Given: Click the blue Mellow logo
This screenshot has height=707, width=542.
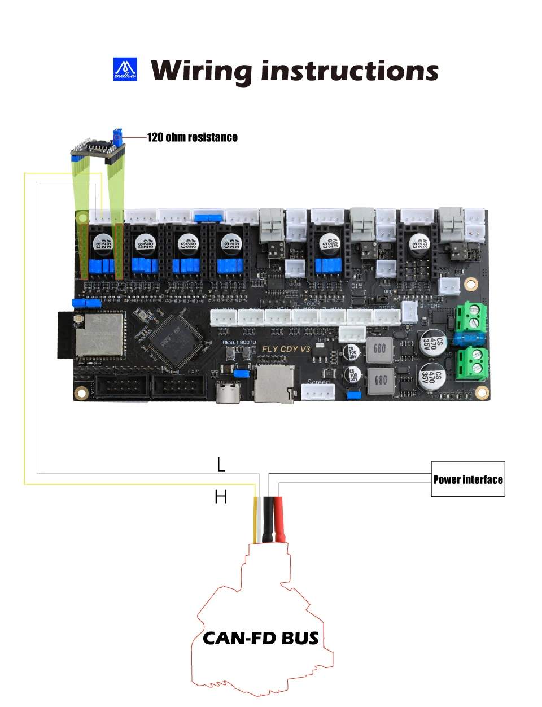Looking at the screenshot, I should click(125, 69).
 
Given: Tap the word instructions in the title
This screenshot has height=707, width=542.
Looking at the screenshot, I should click(349, 71).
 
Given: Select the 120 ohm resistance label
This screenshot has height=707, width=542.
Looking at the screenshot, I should click(192, 137).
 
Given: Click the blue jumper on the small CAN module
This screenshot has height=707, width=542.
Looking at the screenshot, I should click(117, 136).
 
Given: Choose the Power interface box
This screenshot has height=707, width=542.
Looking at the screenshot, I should click(468, 479).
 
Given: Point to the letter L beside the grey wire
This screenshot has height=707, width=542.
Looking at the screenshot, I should click(221, 465).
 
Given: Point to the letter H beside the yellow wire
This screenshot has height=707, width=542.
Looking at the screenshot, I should click(221, 497).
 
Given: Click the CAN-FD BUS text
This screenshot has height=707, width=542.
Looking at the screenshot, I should click(260, 639).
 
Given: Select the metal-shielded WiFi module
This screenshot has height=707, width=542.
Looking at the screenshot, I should click(100, 334).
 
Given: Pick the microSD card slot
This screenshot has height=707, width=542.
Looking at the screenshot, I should click(274, 385).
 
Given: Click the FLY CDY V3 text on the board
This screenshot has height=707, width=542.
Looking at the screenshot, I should click(286, 349).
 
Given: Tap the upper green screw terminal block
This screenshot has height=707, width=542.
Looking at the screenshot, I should click(471, 317).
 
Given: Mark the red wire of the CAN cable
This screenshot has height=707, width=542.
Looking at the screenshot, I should click(279, 520).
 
